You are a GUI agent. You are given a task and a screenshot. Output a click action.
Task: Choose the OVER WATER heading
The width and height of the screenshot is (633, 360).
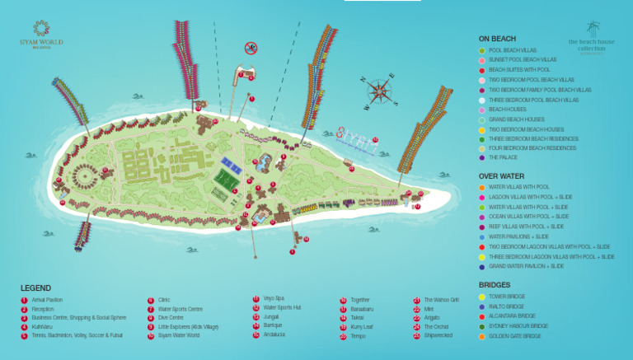click(x=501, y=176)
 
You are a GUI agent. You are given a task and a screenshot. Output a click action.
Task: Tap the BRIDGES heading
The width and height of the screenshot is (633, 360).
click(x=495, y=285)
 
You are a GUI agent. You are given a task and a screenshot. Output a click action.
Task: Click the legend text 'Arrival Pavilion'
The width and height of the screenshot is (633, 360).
click(x=47, y=300)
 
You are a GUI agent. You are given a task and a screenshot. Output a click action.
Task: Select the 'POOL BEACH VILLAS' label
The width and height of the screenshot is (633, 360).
click(x=513, y=50)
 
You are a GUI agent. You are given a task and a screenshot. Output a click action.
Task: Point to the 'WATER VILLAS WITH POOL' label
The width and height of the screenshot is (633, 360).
click(x=518, y=187)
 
